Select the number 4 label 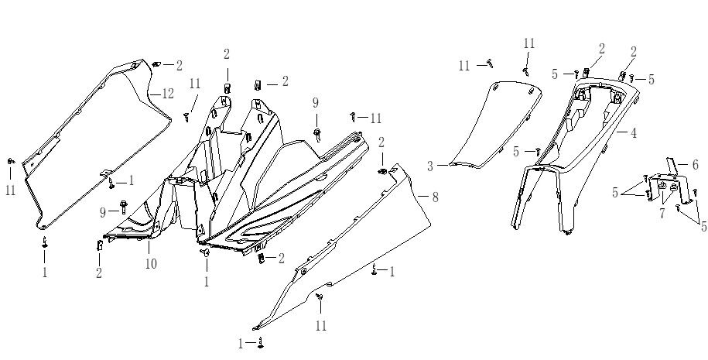point(633,132)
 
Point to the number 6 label point(695,165)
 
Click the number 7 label point(662,214)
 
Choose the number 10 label point(150,264)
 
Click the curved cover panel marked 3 point(495,124)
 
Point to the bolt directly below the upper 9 point(316,133)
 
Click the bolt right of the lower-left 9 point(124,207)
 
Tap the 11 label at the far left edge point(10,189)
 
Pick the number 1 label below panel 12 point(45,273)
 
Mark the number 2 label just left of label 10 point(99,273)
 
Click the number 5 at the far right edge point(703,226)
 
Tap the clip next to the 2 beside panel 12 point(156,63)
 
